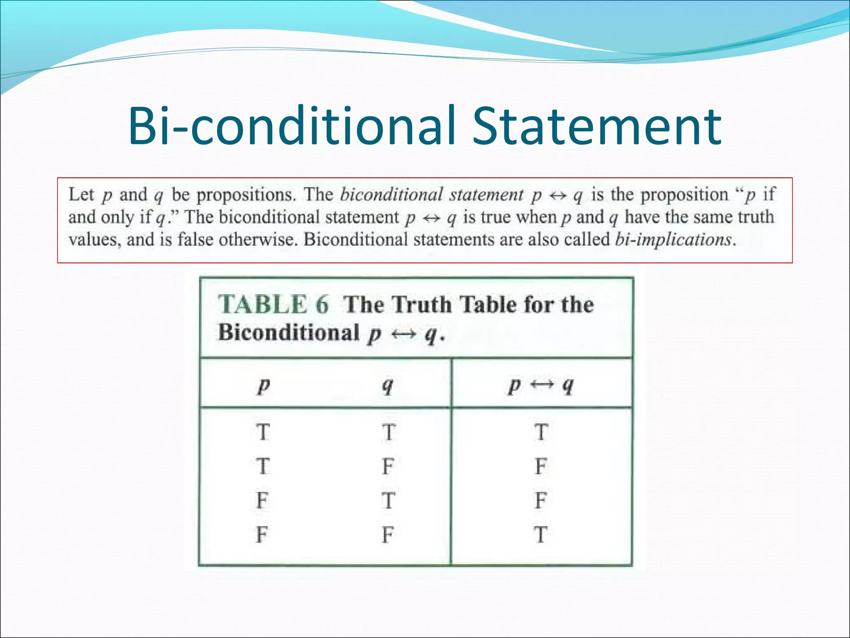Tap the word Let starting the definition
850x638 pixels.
coord(81,194)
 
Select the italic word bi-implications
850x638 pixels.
coord(673,239)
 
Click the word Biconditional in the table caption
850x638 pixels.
coord(289,332)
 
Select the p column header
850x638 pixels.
coord(263,385)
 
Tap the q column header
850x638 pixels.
coord(387,385)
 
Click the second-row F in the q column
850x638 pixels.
coord(388,466)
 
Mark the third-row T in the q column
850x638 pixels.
coord(388,501)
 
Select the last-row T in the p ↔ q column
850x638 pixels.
coord(541,535)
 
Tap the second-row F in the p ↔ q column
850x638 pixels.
coord(541,466)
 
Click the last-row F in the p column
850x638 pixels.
coord(262,535)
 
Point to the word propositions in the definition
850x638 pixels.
coord(246,194)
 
